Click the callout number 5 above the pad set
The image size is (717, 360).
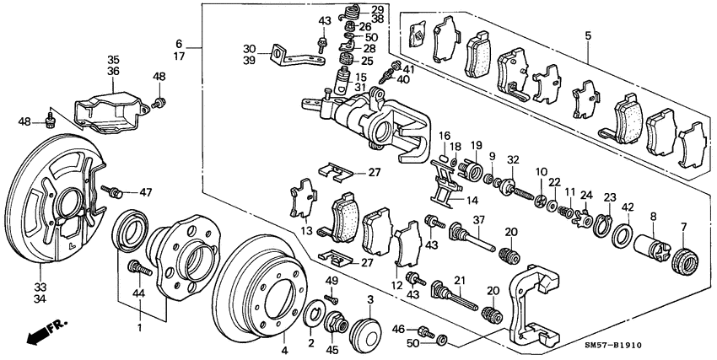click(x=588, y=35)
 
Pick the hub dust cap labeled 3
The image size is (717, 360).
click(x=365, y=328)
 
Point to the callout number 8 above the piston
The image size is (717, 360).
click(x=651, y=217)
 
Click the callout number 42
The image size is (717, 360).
click(x=627, y=207)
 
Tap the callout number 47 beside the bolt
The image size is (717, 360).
click(x=146, y=192)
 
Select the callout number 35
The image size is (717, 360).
click(x=114, y=60)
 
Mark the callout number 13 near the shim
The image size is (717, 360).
click(x=306, y=231)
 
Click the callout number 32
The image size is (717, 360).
click(x=512, y=159)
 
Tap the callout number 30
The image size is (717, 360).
click(x=249, y=48)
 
